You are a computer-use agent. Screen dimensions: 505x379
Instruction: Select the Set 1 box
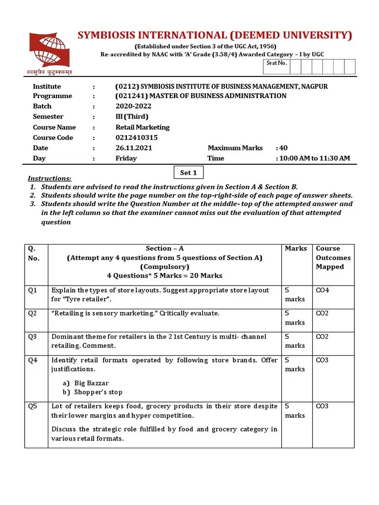(189, 173)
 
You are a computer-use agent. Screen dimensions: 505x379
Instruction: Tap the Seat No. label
(276, 63)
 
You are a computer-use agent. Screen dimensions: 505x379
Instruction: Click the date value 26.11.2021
(134, 148)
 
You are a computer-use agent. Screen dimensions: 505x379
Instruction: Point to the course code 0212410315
(137, 138)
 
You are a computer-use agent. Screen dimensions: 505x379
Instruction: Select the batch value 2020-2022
(133, 106)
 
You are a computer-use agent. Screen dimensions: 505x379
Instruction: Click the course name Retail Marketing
(142, 127)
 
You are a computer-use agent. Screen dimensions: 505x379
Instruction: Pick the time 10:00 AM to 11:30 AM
(314, 158)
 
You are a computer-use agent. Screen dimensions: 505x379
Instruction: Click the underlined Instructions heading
(49, 179)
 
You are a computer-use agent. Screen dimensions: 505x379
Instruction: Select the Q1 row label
(33, 290)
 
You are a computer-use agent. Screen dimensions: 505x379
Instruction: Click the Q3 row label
(33, 337)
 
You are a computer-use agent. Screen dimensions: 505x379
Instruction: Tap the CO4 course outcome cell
(322, 290)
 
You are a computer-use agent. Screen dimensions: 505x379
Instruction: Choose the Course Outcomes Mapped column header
(333, 257)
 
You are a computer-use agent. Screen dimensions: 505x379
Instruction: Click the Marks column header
(296, 249)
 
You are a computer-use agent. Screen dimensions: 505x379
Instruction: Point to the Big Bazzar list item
(91, 383)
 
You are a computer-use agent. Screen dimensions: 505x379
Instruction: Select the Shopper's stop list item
(98, 393)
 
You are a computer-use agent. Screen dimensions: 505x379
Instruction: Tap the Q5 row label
(33, 406)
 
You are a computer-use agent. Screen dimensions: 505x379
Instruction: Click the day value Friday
(126, 158)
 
